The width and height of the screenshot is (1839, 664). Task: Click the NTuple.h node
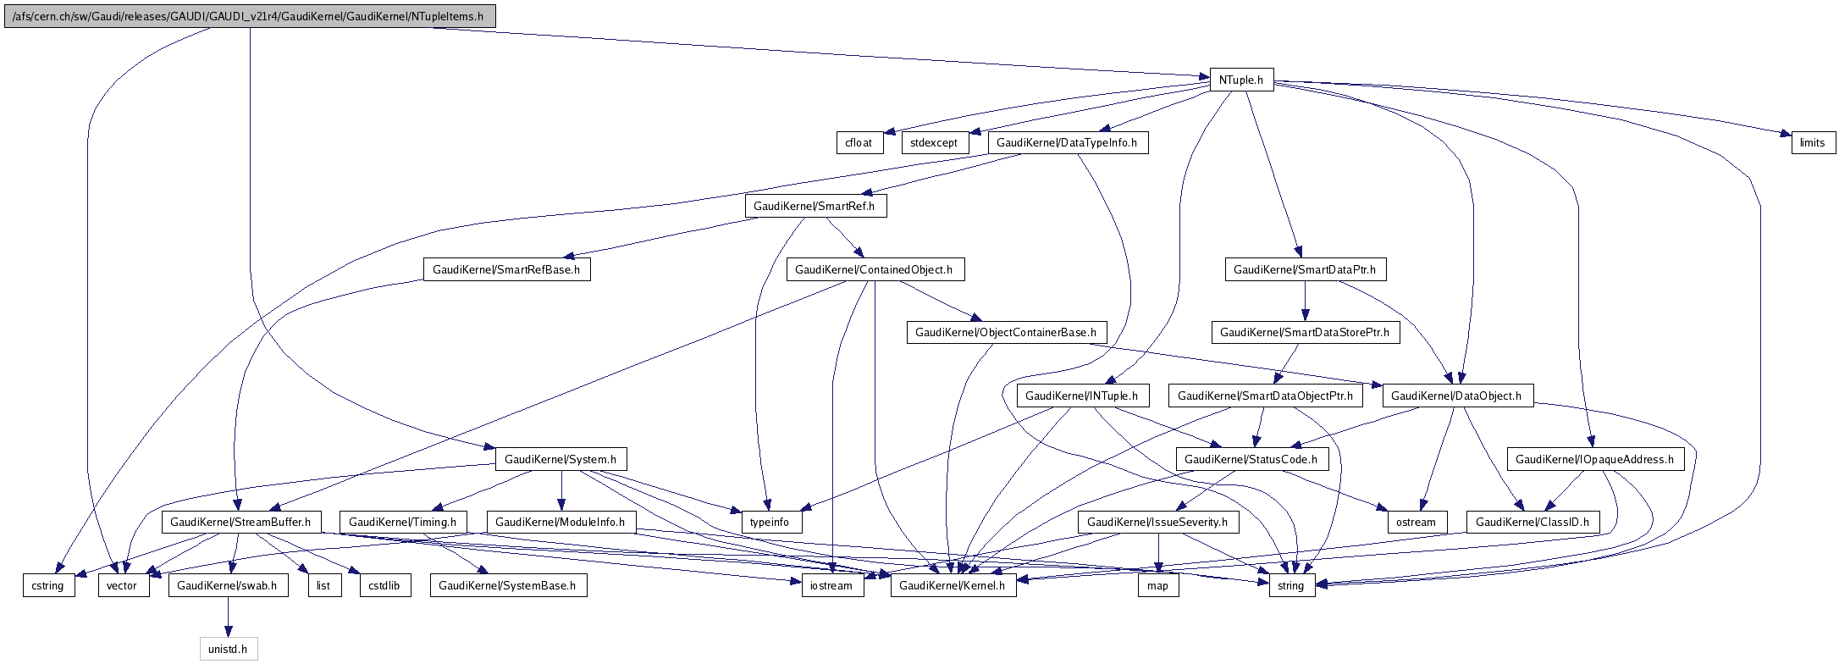click(x=1241, y=80)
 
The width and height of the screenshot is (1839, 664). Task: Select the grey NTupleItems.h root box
click(x=249, y=16)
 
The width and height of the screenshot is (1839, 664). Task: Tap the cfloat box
click(x=859, y=142)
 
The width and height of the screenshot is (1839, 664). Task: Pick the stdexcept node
click(x=934, y=142)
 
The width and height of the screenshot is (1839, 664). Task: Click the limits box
click(x=1813, y=142)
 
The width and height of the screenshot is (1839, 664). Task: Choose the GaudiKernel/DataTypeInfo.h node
click(x=1067, y=142)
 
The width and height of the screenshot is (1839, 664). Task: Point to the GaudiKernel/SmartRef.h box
click(x=815, y=206)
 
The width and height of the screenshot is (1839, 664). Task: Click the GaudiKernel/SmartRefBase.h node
click(x=506, y=269)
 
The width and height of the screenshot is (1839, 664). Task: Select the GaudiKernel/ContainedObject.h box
click(x=875, y=269)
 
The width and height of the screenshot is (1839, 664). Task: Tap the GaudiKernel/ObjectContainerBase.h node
click(x=1006, y=332)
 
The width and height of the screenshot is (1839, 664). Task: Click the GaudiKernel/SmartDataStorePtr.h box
click(x=1305, y=332)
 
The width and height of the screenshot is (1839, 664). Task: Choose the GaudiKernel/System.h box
click(x=561, y=459)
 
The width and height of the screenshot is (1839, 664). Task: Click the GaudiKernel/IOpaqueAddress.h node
click(x=1595, y=459)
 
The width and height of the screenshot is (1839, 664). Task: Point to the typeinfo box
click(x=770, y=522)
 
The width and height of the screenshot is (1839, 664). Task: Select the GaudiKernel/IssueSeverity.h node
click(x=1157, y=522)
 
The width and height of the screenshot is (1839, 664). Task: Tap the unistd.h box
click(x=228, y=649)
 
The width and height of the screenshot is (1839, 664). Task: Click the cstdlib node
click(x=385, y=585)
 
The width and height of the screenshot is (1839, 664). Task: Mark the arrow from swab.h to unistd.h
click(x=227, y=617)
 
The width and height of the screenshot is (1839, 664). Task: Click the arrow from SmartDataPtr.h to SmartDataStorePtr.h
click(x=1305, y=301)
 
